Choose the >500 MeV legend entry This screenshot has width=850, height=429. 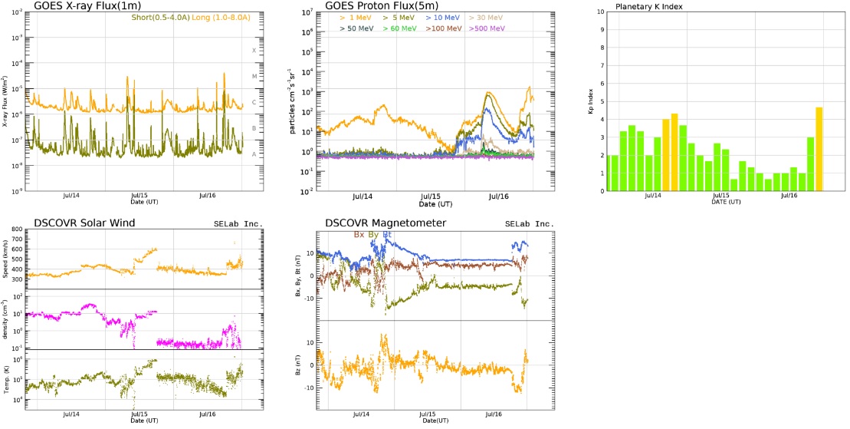(484, 28)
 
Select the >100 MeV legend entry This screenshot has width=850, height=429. (444, 28)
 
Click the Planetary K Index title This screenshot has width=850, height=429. (649, 7)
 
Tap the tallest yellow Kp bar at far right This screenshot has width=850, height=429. (819, 149)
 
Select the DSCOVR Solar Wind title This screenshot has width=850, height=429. (84, 223)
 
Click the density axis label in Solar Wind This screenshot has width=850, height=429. (7, 319)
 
